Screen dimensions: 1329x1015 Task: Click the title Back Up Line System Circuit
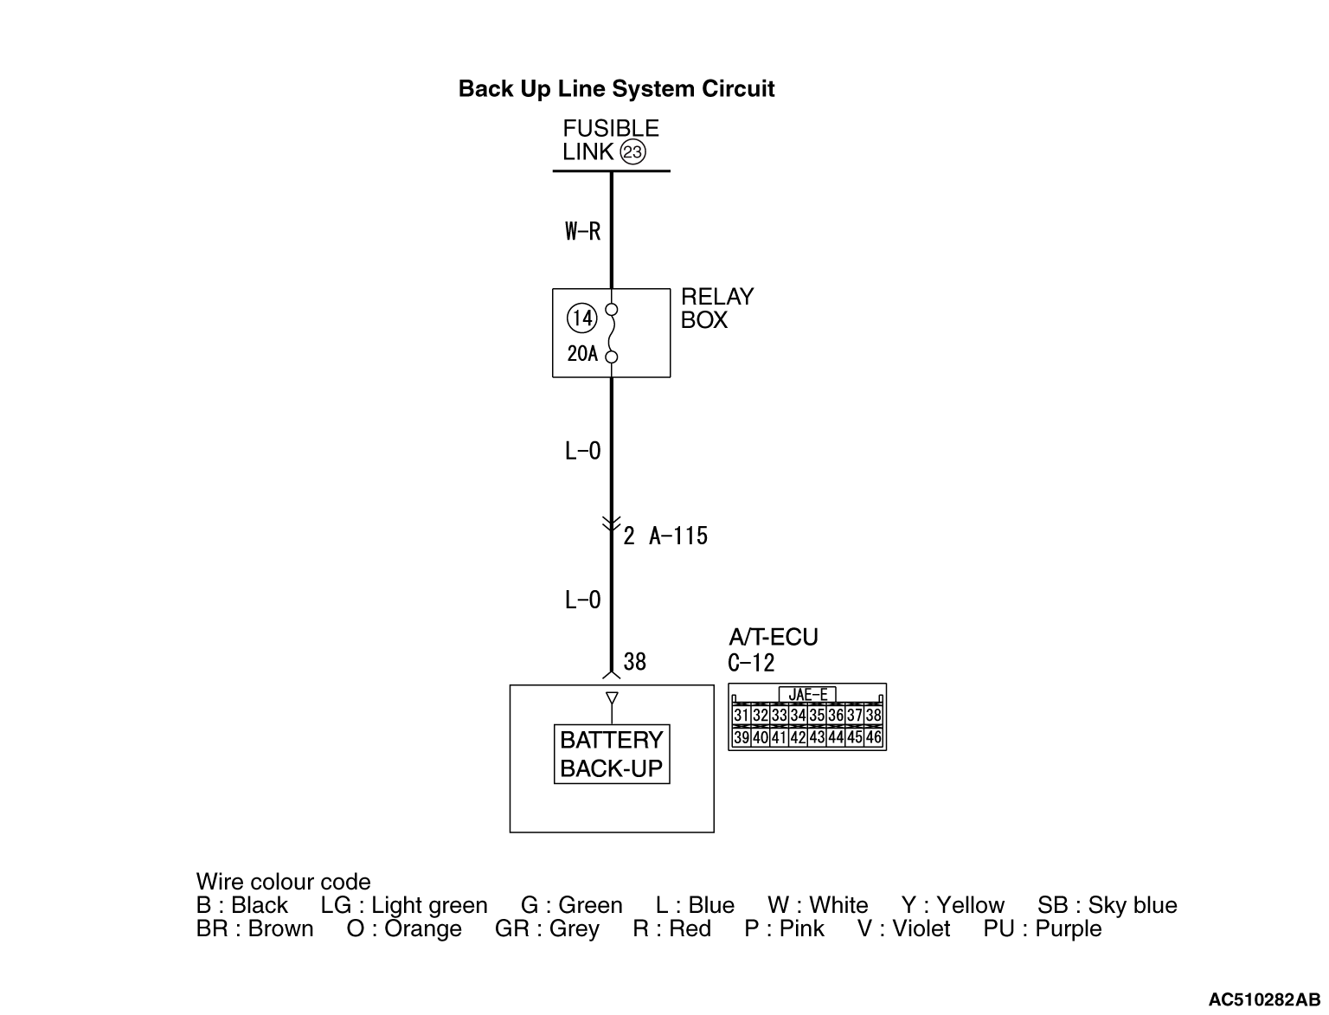(x=616, y=89)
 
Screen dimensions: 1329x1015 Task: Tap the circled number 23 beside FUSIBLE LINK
(x=632, y=152)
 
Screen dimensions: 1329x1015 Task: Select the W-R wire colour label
(x=582, y=231)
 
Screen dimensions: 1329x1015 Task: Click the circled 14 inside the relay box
(x=581, y=318)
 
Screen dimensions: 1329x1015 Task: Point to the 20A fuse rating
(x=581, y=353)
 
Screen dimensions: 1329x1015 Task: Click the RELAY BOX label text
(x=717, y=308)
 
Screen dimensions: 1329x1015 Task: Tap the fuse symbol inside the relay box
(x=612, y=333)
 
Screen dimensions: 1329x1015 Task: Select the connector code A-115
(x=678, y=536)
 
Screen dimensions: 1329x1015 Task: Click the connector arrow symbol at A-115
(x=612, y=524)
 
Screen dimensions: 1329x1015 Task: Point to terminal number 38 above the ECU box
(x=634, y=662)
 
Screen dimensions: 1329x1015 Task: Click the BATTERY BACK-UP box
(x=612, y=755)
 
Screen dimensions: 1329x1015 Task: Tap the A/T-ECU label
(x=774, y=638)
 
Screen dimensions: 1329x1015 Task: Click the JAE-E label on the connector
(x=807, y=694)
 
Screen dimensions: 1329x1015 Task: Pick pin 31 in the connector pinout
(x=742, y=716)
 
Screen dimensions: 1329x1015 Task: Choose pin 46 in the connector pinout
(x=873, y=737)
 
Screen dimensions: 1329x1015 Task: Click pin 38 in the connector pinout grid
(x=873, y=716)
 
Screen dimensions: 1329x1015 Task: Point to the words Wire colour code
(x=283, y=882)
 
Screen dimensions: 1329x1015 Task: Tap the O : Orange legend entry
(x=404, y=928)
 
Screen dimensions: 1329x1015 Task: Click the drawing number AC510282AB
(x=1264, y=999)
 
